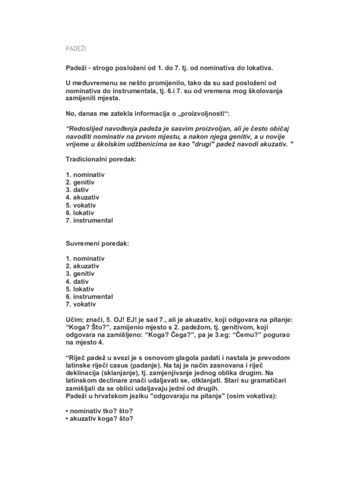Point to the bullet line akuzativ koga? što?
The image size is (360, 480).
tap(99, 419)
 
